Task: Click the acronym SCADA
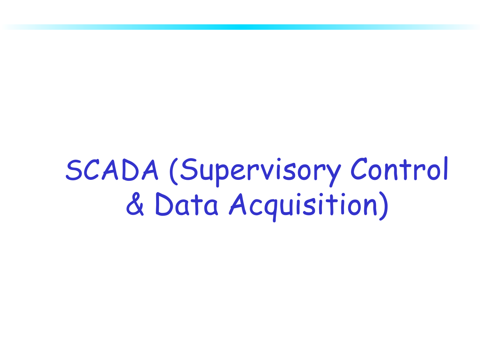click(112, 170)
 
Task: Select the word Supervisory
click(260, 172)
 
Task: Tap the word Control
click(399, 169)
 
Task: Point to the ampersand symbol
click(135, 204)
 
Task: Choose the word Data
click(187, 204)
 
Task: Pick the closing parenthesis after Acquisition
click(384, 206)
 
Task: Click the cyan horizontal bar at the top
click(240, 27)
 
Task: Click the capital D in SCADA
click(131, 170)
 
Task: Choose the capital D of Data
click(164, 204)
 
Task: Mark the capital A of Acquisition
click(238, 204)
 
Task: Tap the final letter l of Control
click(446, 168)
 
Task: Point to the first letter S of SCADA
click(74, 170)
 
